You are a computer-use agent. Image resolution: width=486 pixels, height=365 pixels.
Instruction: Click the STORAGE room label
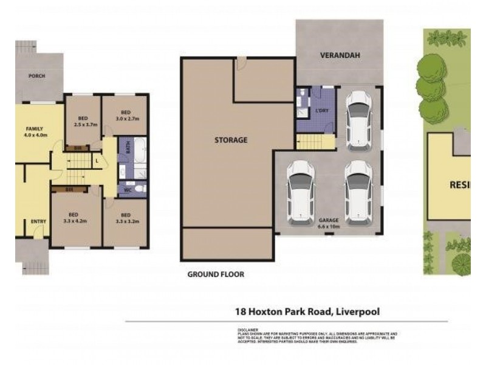pos(230,140)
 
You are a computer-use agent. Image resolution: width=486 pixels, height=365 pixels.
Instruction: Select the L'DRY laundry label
pos(322,110)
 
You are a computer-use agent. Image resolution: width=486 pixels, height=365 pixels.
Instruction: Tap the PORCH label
pos(36,76)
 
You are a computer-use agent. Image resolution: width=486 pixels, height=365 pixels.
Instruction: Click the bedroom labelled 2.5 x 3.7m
pos(83,121)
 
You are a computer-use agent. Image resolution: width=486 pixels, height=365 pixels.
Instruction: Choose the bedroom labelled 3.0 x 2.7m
pos(126,116)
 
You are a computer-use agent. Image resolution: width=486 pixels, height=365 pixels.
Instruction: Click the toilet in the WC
pos(140,189)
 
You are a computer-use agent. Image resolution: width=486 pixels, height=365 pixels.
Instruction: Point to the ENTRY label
pos(38,222)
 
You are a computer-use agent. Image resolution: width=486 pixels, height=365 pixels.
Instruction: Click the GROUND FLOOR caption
pos(216,274)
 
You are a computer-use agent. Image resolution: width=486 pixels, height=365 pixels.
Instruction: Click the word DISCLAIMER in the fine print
pos(248,328)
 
